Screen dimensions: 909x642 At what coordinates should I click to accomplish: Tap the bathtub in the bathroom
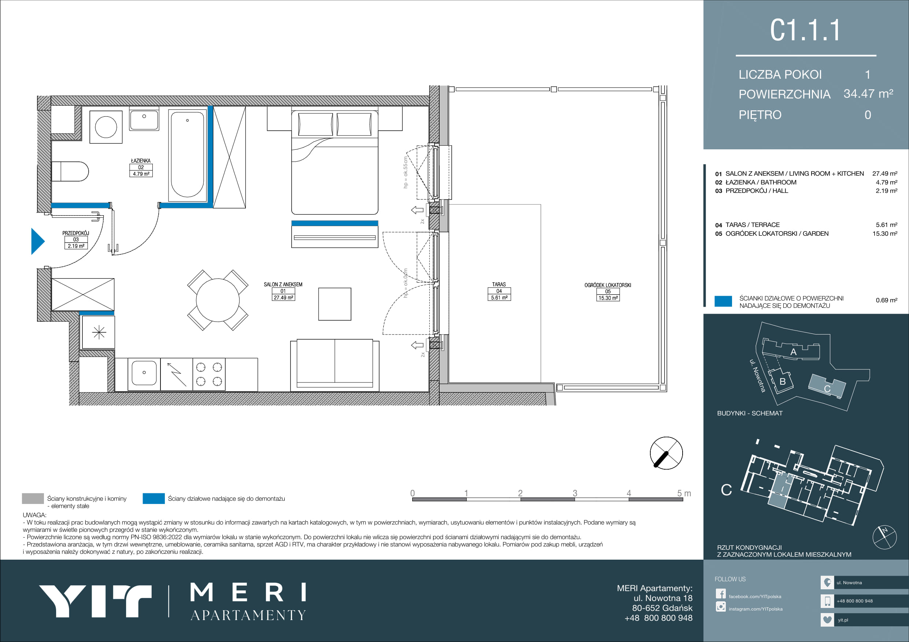coord(187,156)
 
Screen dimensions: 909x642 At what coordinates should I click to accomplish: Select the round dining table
coord(218,300)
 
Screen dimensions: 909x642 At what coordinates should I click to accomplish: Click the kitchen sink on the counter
coord(144,373)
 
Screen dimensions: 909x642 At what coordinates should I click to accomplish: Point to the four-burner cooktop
coord(209,374)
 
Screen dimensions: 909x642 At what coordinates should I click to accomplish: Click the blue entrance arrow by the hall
coord(38,241)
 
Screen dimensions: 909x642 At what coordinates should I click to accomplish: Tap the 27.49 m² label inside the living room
coord(284,298)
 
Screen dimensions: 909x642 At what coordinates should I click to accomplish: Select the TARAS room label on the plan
coord(499,284)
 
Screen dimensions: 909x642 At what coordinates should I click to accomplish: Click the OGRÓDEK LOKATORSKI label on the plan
coord(608,285)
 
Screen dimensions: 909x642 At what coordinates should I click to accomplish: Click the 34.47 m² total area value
coord(868,94)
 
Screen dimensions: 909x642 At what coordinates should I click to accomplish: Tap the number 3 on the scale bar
coord(575,493)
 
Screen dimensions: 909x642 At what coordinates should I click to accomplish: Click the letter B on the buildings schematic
coord(782,381)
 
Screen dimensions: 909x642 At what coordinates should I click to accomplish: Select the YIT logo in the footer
coord(95,601)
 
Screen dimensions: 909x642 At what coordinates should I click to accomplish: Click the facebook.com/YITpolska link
coord(755,597)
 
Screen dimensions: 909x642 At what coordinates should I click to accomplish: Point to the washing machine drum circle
coord(106,127)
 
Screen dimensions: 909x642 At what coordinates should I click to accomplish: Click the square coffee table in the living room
coord(335,304)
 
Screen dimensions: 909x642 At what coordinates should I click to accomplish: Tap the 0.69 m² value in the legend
coord(886,300)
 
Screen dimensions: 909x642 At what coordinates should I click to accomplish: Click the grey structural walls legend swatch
coord(33,499)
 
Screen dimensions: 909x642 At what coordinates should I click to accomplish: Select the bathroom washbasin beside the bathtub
coord(144,120)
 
